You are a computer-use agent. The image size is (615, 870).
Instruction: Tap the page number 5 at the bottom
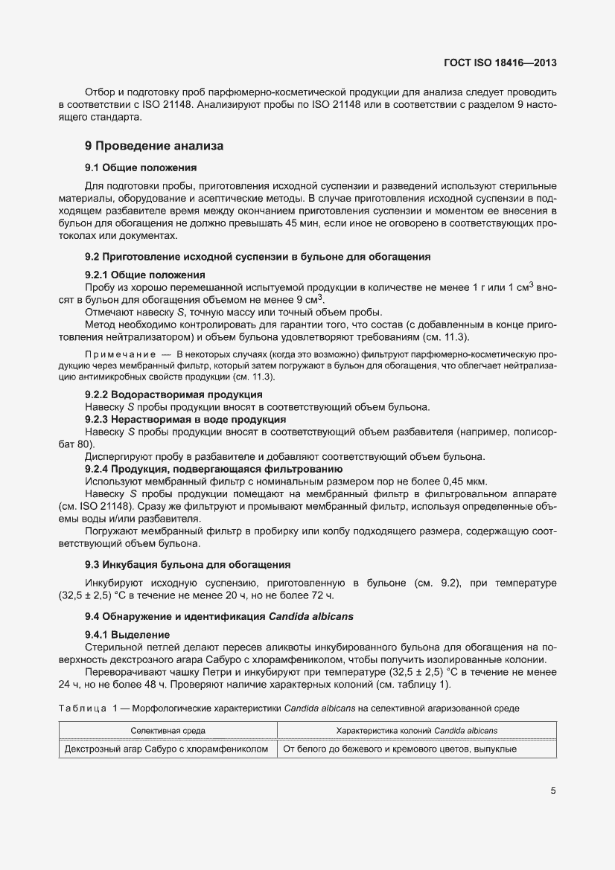[552, 791]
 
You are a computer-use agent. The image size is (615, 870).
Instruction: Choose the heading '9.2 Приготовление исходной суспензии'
[258, 257]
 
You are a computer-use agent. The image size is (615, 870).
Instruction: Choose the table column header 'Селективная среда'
[168, 730]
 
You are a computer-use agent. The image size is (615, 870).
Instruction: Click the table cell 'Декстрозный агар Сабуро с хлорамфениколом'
[167, 748]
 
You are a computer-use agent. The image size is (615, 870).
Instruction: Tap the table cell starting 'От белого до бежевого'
[398, 748]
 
